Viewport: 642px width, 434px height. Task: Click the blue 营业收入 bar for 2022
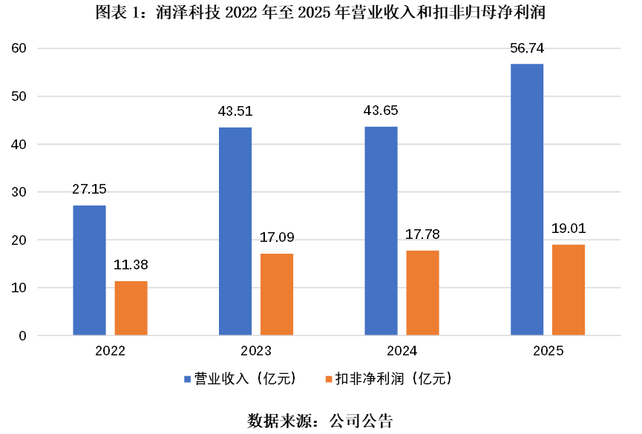pyautogui.click(x=89, y=270)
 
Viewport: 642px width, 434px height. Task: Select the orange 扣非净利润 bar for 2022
pyautogui.click(x=131, y=308)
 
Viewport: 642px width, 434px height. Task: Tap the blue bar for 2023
pyautogui.click(x=235, y=231)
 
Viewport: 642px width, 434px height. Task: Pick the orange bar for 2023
pyautogui.click(x=277, y=295)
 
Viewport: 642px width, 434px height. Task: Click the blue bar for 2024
pyautogui.click(x=381, y=231)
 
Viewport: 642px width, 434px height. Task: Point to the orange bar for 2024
pyautogui.click(x=422, y=293)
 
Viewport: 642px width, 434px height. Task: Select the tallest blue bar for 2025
pyautogui.click(x=527, y=200)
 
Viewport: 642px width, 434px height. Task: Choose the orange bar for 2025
pyautogui.click(x=569, y=290)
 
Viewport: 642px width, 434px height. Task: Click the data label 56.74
pyautogui.click(x=527, y=48)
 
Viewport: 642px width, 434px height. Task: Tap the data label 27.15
pyautogui.click(x=89, y=189)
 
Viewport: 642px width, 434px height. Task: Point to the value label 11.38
pyautogui.click(x=131, y=265)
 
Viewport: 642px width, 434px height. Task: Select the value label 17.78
pyautogui.click(x=422, y=234)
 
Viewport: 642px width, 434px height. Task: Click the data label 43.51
pyautogui.click(x=235, y=111)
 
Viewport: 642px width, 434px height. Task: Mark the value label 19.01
pyautogui.click(x=569, y=228)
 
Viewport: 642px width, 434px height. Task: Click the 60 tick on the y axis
pyautogui.click(x=19, y=48)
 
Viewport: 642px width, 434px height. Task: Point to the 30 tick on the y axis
pyautogui.click(x=19, y=192)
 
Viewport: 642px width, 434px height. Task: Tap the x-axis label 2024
pyautogui.click(x=402, y=351)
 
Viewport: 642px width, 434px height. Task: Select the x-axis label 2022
pyautogui.click(x=110, y=351)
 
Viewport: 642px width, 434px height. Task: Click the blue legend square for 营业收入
pyautogui.click(x=187, y=379)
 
